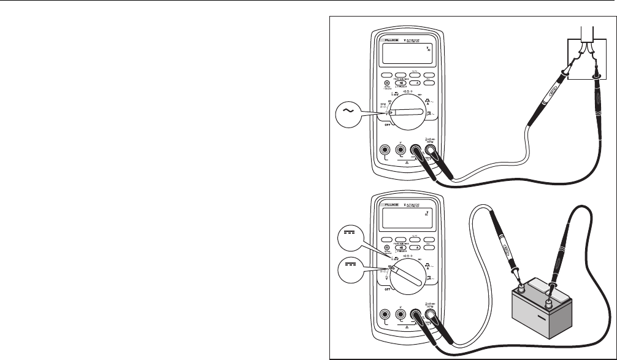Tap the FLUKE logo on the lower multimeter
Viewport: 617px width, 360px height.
[389, 201]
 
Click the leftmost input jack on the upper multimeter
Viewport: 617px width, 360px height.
[386, 150]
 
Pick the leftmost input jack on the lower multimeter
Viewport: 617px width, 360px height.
[386, 316]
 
